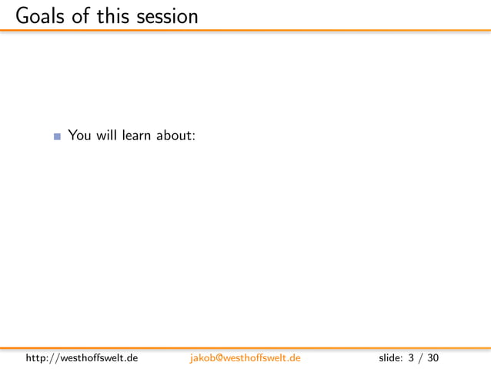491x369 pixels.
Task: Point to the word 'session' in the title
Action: tap(168, 15)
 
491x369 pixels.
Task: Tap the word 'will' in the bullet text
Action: tap(106, 136)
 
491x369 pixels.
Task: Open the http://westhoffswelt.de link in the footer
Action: tap(82, 358)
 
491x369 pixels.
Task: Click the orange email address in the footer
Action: tap(245, 358)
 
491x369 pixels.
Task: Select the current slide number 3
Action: tap(411, 358)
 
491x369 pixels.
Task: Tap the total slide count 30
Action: tap(433, 358)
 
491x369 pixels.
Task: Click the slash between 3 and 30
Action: tap(420, 358)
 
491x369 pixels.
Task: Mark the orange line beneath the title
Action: tap(245, 30)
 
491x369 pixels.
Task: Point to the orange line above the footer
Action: tap(245, 348)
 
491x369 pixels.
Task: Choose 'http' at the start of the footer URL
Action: tap(35, 358)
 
